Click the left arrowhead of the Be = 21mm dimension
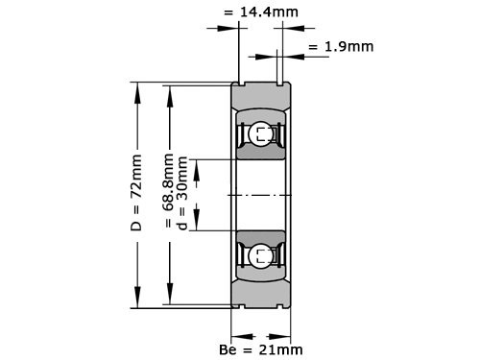pyautogui.click(x=239, y=335)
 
